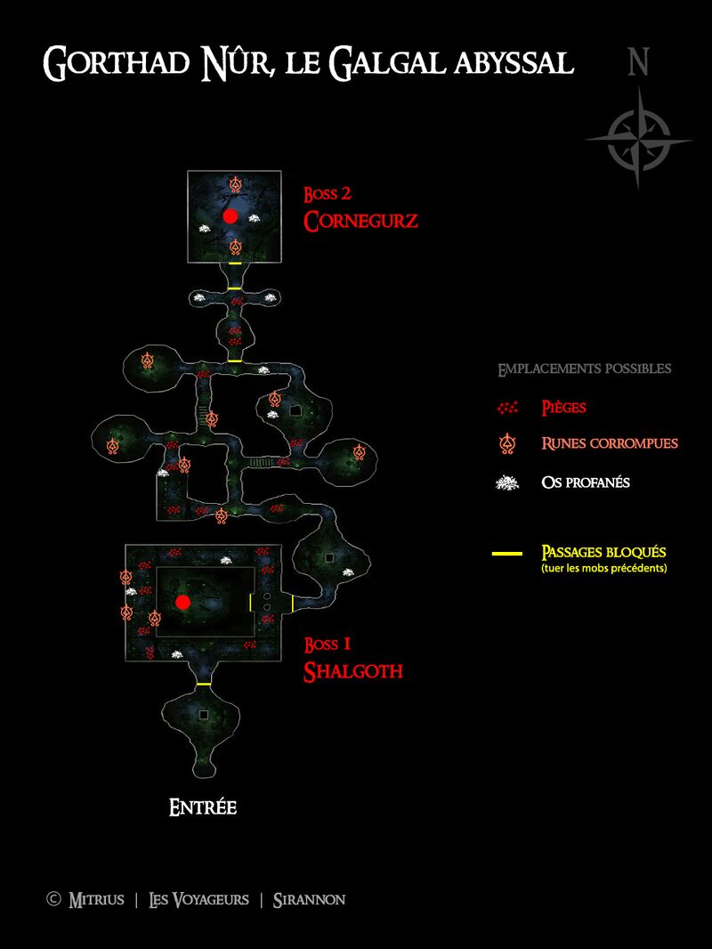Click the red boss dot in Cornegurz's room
pos(230,216)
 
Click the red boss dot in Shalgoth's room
pos(182,602)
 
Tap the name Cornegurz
pos(360,221)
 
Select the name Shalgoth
pos(353,671)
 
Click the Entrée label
pos(203,808)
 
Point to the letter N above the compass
pos(638,61)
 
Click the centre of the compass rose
pos(639,141)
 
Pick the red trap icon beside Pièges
pos(507,408)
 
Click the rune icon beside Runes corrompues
pos(507,444)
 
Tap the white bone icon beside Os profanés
pos(507,483)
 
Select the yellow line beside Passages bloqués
pos(507,553)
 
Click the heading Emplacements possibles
pos(585,369)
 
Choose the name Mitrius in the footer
pos(96,900)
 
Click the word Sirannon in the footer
pos(309,900)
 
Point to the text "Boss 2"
pos(328,194)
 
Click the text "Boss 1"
pos(328,645)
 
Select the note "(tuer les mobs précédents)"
pos(603,568)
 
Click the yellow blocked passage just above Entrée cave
pos(204,684)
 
